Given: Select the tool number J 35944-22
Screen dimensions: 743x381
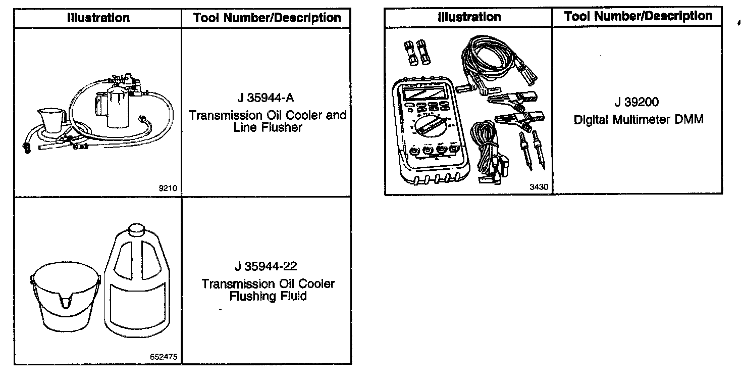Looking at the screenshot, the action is tap(268, 266).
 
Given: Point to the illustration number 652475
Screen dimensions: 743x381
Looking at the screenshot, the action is tap(164, 357).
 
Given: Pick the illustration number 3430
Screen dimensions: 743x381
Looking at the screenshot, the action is tap(539, 187).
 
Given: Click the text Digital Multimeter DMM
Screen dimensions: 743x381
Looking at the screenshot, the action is tap(638, 120).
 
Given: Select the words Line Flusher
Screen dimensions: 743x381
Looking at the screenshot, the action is tap(268, 127).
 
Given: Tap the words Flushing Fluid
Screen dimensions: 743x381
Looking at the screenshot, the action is tap(268, 296).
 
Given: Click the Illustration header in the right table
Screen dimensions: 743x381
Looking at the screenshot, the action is tap(468, 17).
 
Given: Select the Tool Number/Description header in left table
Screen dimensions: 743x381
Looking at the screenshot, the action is tap(267, 18).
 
